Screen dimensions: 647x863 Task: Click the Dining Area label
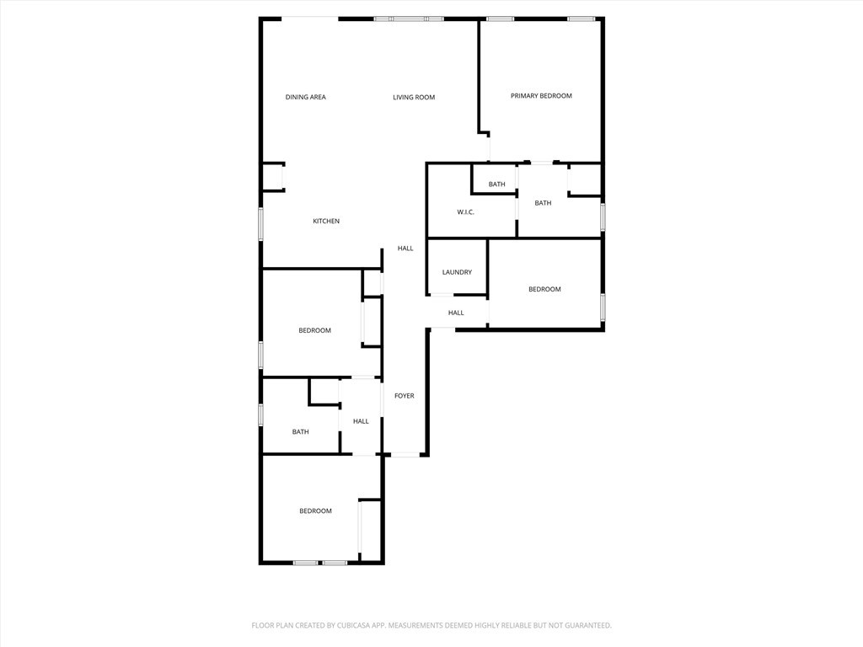coord(305,97)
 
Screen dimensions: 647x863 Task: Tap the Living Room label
coord(414,97)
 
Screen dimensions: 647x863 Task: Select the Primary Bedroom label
coord(541,96)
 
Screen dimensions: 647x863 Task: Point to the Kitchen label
coord(326,221)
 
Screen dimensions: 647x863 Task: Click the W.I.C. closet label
coord(466,212)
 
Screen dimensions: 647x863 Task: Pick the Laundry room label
coord(457,272)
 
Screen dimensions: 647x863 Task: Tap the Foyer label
coord(405,396)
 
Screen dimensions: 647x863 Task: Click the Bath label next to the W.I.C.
coord(543,203)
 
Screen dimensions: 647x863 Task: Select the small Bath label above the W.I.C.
coord(497,184)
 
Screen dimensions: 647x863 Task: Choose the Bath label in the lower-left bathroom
coord(301,432)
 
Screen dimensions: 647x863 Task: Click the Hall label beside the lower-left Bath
coord(361,421)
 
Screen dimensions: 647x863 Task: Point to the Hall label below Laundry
coord(456,313)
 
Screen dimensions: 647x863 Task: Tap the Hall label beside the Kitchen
coord(405,249)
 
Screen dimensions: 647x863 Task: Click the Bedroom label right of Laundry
coord(544,290)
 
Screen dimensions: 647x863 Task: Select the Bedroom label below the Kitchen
coord(315,330)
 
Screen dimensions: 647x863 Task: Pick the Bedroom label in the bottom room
coord(315,511)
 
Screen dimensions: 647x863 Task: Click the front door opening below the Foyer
coord(405,455)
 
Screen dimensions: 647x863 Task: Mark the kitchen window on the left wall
coord(261,224)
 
